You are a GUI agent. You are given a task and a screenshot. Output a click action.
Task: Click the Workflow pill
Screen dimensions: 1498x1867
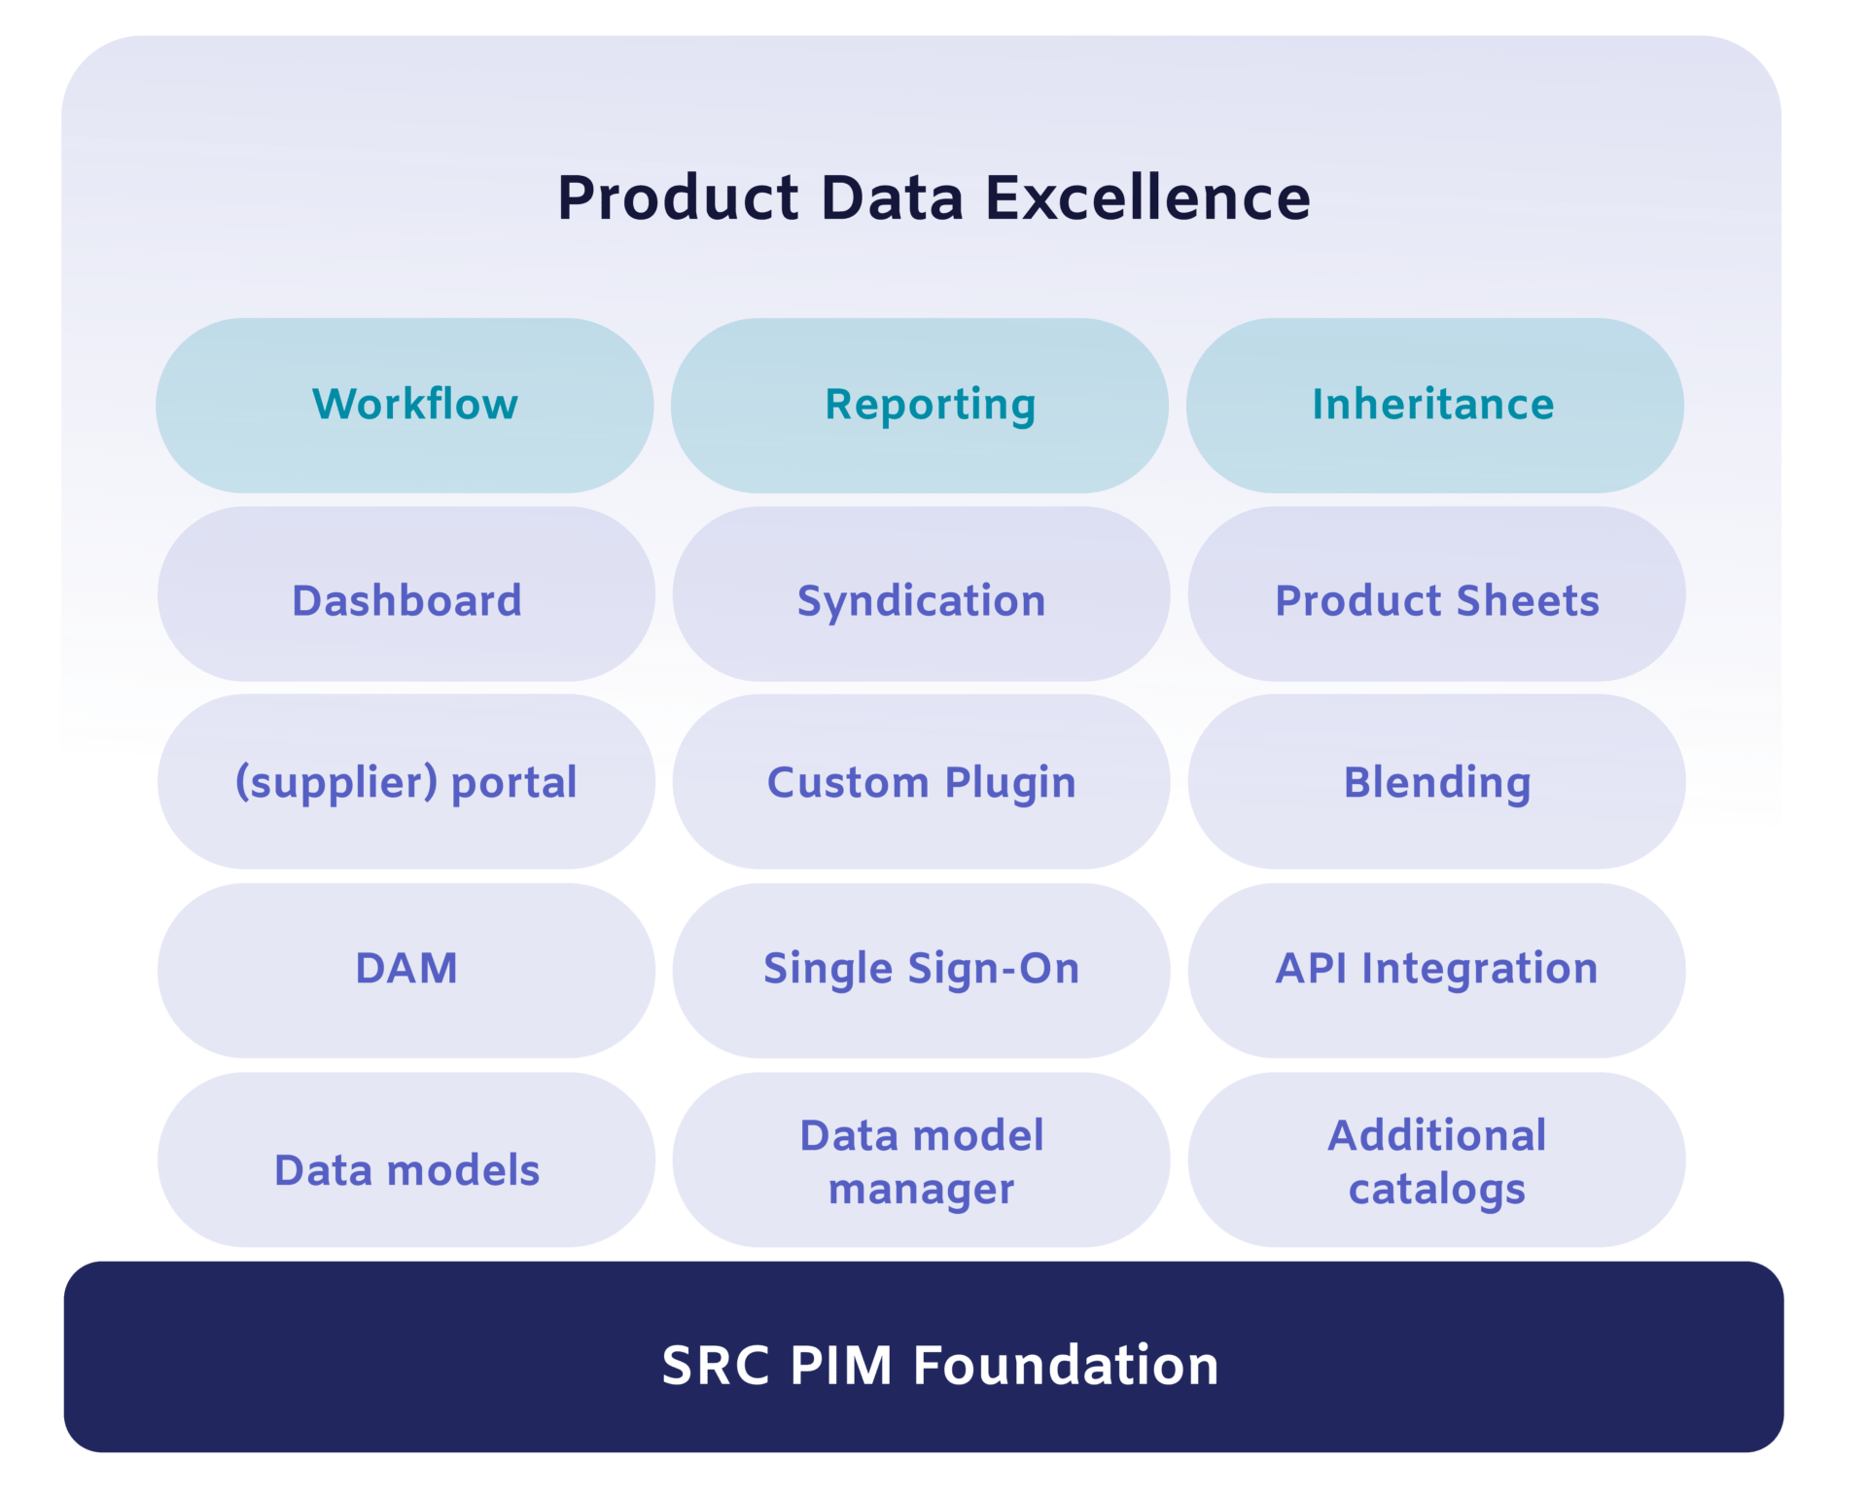pyautogui.click(x=405, y=405)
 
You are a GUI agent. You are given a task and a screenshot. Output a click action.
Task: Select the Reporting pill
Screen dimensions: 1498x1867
pyautogui.click(x=920, y=405)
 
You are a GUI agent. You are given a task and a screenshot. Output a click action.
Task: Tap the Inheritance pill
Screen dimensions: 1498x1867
pyautogui.click(x=1435, y=405)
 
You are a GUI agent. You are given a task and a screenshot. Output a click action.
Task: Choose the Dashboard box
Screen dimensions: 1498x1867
pyautogui.click(x=406, y=593)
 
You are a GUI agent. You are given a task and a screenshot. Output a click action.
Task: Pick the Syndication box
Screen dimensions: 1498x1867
pyautogui.click(x=921, y=593)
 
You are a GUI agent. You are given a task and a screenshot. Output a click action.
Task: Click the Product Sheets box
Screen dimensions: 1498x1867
pyautogui.click(x=1436, y=593)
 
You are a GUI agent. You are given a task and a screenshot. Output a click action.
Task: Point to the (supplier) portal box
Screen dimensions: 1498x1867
pyautogui.click(x=406, y=781)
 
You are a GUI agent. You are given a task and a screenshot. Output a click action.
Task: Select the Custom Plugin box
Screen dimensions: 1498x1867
pyautogui.click(x=921, y=781)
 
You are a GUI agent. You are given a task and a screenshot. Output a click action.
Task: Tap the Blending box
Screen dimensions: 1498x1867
pyautogui.click(x=1436, y=781)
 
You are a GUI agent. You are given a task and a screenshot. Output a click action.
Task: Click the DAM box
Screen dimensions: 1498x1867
pyautogui.click(x=406, y=970)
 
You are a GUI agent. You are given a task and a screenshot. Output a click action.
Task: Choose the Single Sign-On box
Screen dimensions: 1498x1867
pyautogui.click(x=921, y=970)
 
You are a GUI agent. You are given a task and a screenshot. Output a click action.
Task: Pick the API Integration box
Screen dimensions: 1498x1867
pyautogui.click(x=1436, y=970)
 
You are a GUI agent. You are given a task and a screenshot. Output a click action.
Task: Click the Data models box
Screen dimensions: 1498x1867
pyautogui.click(x=406, y=1159)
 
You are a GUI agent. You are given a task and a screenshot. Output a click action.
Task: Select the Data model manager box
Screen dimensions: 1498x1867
pyautogui.click(x=921, y=1159)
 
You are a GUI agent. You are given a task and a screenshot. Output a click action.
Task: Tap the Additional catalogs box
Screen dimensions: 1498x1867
pyautogui.click(x=1436, y=1159)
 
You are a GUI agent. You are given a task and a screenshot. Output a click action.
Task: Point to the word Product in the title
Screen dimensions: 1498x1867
pyautogui.click(x=678, y=197)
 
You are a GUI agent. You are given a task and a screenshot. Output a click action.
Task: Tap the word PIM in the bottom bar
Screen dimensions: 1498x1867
pyautogui.click(x=840, y=1365)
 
